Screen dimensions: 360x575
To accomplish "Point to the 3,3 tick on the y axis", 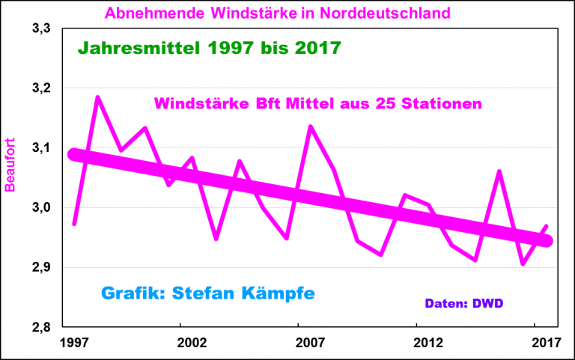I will [x=41, y=29].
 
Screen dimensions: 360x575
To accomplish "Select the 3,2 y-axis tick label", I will [x=41, y=89].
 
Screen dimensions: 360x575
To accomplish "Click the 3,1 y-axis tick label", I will [x=41, y=148].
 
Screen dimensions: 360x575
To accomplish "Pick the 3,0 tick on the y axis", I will [x=41, y=208].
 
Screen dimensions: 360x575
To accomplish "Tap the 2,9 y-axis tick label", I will [x=41, y=268].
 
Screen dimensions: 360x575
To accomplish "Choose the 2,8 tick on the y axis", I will [x=41, y=327].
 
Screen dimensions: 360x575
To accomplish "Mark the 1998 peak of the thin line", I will [x=97, y=97].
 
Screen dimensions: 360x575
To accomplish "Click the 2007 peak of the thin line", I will [x=310, y=126].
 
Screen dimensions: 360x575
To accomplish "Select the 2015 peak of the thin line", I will [x=499, y=171].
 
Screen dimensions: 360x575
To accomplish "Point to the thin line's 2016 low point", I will [x=523, y=263].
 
